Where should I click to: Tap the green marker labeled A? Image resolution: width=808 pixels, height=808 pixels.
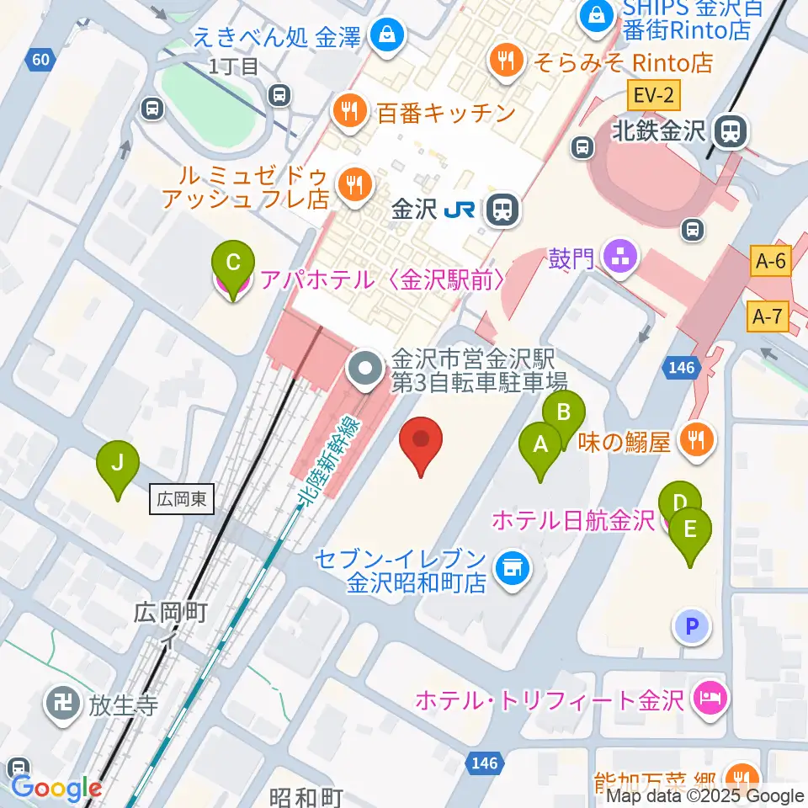pos(540,446)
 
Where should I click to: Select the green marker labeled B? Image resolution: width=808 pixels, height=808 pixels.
pos(564,415)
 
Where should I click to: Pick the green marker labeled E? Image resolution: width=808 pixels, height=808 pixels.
pos(690,532)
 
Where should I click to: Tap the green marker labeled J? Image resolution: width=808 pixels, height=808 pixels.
pos(119,465)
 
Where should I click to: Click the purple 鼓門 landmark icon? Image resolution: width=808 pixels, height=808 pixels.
pos(621,258)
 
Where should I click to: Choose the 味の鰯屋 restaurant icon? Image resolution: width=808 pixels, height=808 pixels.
pos(698,439)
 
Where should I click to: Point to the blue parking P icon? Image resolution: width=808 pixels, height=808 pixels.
pos(691,626)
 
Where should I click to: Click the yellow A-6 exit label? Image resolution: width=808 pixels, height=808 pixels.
pos(770,261)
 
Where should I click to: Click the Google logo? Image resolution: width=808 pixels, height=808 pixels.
pos(56,788)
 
